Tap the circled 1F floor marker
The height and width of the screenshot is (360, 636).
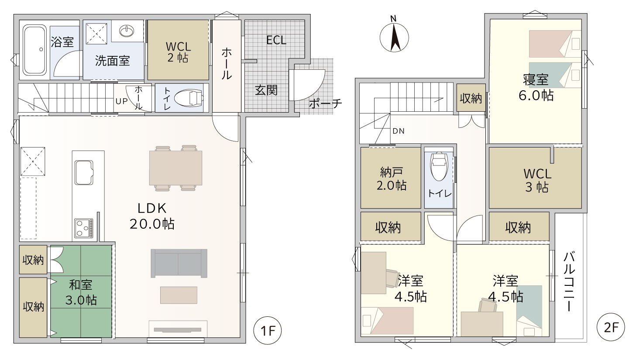point(267,331)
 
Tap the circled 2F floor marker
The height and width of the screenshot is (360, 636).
point(611,327)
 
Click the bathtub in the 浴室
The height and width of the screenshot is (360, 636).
point(34,50)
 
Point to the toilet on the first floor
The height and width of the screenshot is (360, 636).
point(188,98)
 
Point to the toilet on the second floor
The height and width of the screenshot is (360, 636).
point(439,166)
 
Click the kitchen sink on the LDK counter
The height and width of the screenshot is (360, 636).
point(84,172)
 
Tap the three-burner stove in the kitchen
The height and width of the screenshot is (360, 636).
point(84,228)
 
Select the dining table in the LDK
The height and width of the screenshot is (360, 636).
point(176,168)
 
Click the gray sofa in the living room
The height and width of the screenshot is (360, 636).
point(179,263)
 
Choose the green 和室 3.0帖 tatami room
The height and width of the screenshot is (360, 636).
point(81,291)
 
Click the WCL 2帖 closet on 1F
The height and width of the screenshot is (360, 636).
point(178,50)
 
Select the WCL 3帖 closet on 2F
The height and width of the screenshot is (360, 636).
point(535,178)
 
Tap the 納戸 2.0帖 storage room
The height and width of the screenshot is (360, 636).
point(391,178)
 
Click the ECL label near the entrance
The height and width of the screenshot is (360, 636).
point(276,40)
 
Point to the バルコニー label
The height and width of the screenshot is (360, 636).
point(569,281)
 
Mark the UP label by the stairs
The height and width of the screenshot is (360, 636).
point(121,101)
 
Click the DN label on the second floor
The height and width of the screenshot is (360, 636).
point(399,131)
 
